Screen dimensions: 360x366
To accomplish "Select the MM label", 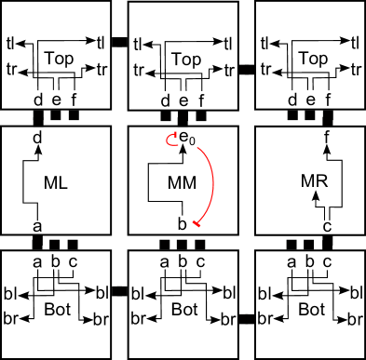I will pos(183,183).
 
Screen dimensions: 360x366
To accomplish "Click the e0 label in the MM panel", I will pos(187,140).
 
